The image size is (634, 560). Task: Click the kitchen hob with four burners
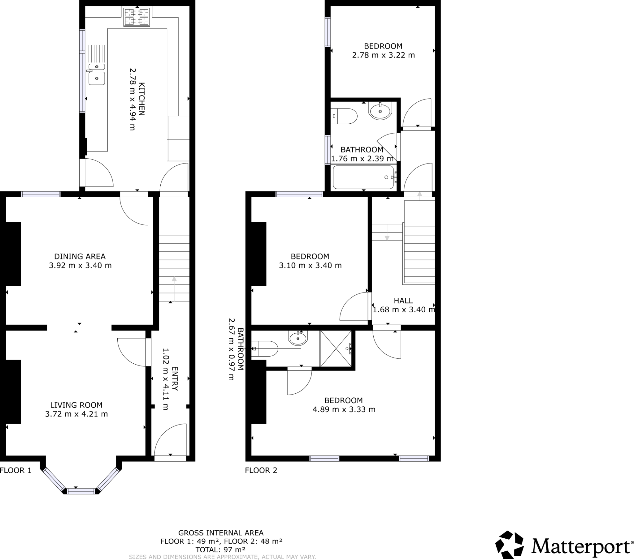[x=137, y=17]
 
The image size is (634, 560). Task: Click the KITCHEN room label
[x=141, y=99]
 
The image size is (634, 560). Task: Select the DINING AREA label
[x=80, y=256]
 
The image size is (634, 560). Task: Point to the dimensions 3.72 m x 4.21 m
[x=76, y=414]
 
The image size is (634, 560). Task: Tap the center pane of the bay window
[x=81, y=491]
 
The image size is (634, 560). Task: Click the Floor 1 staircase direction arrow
[x=174, y=288]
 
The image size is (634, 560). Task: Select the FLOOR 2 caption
[x=261, y=470]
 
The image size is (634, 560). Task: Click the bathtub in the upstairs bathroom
[x=363, y=177]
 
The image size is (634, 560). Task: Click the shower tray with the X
[x=336, y=348]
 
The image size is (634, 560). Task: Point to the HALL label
[x=403, y=301]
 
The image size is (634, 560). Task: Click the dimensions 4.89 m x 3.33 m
[x=344, y=409]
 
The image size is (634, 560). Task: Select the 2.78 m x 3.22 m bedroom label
[x=383, y=55]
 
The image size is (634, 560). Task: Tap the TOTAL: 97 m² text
[x=220, y=550]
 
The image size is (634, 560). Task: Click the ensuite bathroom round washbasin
[x=298, y=338]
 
